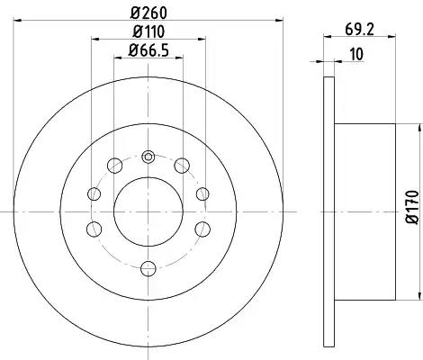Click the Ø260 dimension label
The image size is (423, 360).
pos(148,13)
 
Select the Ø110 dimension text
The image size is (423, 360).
pos(148,31)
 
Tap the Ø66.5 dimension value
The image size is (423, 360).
pos(148,50)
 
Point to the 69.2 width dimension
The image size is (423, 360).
pos(359,30)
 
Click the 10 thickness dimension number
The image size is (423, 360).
pos(356,54)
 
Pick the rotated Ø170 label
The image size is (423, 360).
pos(412,207)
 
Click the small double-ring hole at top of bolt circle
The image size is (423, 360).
pos(148,157)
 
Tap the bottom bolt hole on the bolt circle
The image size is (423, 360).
pos(148,268)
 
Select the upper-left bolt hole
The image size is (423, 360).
pos(114,166)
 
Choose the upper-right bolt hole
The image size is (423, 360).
pos(182,166)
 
